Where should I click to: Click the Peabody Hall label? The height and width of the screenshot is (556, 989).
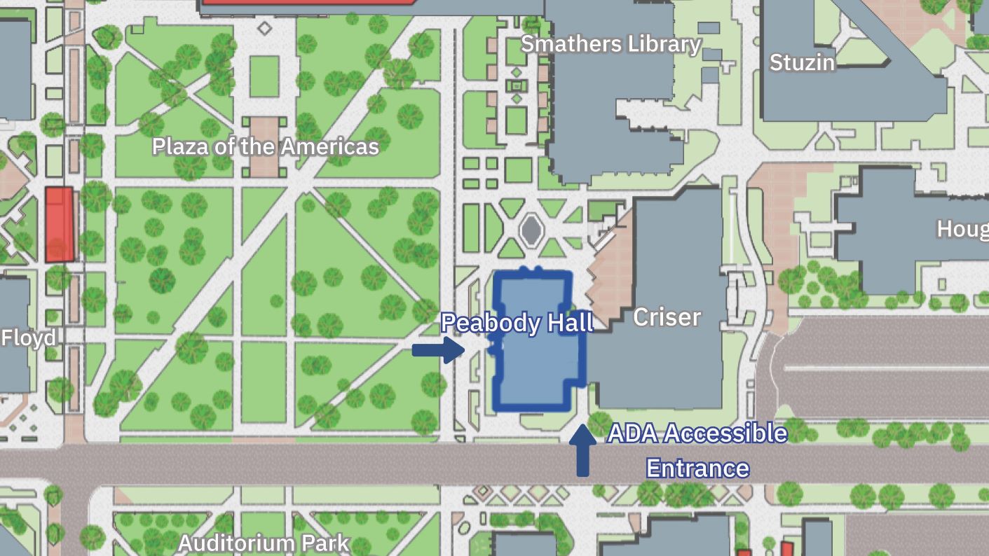point(517,323)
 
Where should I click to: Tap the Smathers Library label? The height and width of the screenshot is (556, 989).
point(611,44)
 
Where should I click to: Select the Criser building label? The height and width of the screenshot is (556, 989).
point(667,317)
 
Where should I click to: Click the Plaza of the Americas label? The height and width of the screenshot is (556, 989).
point(266,146)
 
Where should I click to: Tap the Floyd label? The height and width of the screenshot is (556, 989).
point(28,338)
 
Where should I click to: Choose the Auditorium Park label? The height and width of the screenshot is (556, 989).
point(264,543)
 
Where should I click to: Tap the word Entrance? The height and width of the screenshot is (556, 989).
point(697,468)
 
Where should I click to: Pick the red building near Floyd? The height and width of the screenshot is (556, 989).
point(60,224)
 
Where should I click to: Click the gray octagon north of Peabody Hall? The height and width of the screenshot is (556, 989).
point(532,229)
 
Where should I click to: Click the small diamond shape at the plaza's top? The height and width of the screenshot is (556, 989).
point(264,29)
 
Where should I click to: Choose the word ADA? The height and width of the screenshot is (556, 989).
point(632,433)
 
